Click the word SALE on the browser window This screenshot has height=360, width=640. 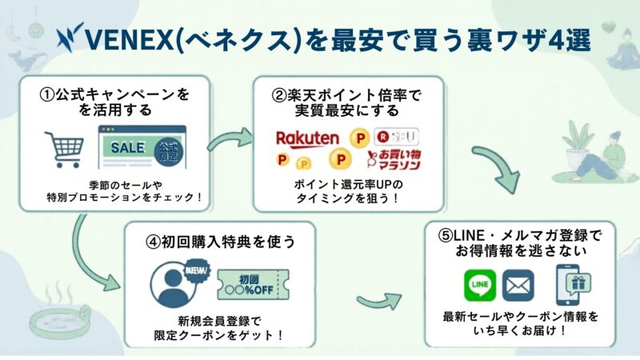pyautogui.click(x=128, y=147)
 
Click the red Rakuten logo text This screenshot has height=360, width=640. pyautogui.click(x=306, y=138)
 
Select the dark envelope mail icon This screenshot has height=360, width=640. pyautogui.click(x=518, y=285)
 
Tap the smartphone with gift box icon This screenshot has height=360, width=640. pyautogui.click(x=573, y=285)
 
